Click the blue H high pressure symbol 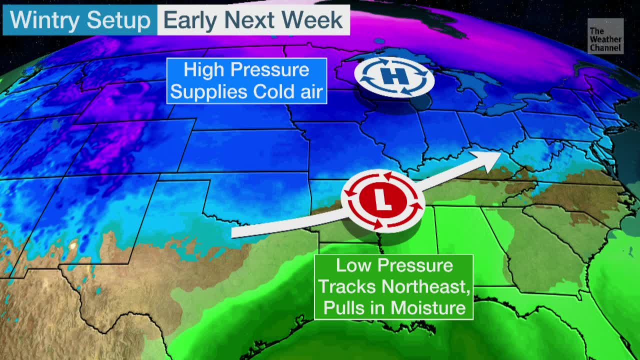pyautogui.click(x=394, y=76)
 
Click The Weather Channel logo pyautogui.click(x=605, y=36)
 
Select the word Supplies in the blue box pyautogui.click(x=208, y=92)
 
